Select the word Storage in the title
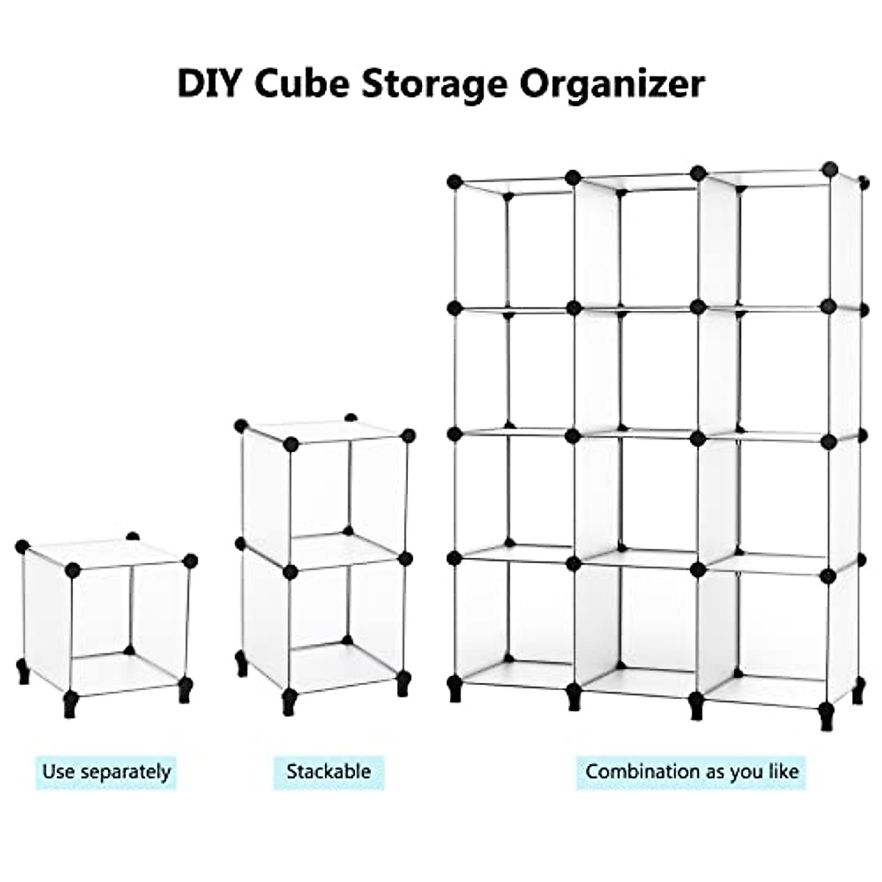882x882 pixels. click(434, 85)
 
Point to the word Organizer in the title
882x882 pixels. click(612, 85)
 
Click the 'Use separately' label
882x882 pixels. click(107, 772)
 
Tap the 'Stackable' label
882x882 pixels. click(329, 772)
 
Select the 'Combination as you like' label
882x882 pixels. click(692, 772)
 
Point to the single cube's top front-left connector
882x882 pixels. click(72, 569)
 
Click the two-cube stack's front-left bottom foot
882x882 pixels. click(289, 701)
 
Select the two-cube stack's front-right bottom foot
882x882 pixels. click(403, 684)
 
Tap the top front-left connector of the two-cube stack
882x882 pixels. click(291, 443)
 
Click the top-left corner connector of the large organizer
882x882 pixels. click(454, 181)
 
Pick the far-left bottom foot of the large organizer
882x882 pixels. click(455, 689)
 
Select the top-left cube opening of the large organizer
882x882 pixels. click(514, 246)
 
